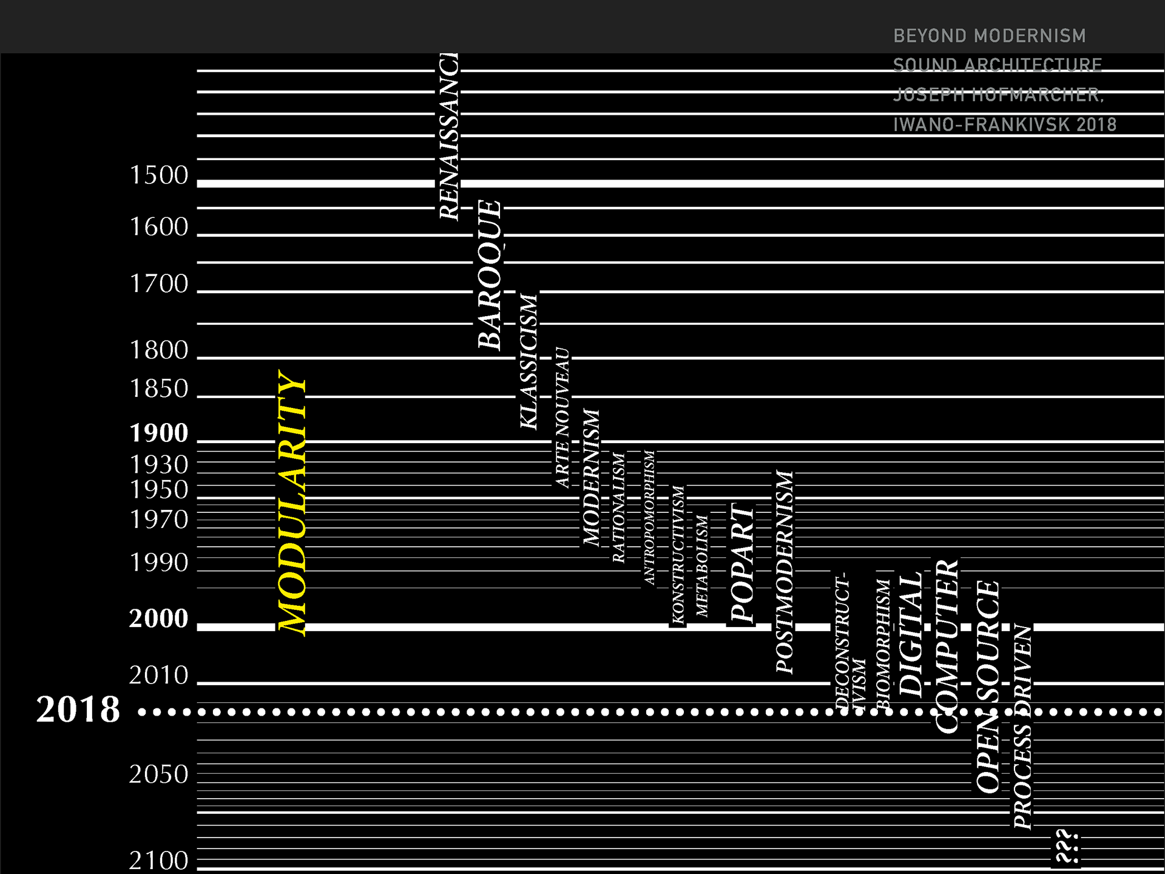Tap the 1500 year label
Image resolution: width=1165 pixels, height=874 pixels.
(160, 175)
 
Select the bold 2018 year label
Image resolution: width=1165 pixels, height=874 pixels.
(78, 709)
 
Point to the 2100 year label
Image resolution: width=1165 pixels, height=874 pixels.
(159, 860)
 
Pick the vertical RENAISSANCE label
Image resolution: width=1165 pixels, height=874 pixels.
(449, 137)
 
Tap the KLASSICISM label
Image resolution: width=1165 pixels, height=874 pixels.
(528, 361)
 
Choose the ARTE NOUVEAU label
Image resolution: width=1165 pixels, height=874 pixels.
(562, 418)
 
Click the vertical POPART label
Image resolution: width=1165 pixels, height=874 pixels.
(741, 563)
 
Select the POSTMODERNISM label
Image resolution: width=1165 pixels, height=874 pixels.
(785, 572)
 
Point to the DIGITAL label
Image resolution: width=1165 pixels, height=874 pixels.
(910, 634)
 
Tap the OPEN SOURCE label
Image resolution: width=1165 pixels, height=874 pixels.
(988, 686)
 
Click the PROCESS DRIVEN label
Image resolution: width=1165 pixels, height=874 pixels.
(1022, 727)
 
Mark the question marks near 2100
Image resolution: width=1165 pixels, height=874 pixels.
(1066, 846)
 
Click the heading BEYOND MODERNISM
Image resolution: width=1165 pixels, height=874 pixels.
(990, 36)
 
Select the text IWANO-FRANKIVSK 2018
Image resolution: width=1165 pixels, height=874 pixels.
(1005, 124)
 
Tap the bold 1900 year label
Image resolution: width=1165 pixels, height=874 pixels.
(159, 433)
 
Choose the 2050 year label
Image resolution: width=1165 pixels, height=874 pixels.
(159, 774)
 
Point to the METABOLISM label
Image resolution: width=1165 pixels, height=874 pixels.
(702, 566)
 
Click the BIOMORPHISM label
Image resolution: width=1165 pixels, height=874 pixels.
(883, 643)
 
